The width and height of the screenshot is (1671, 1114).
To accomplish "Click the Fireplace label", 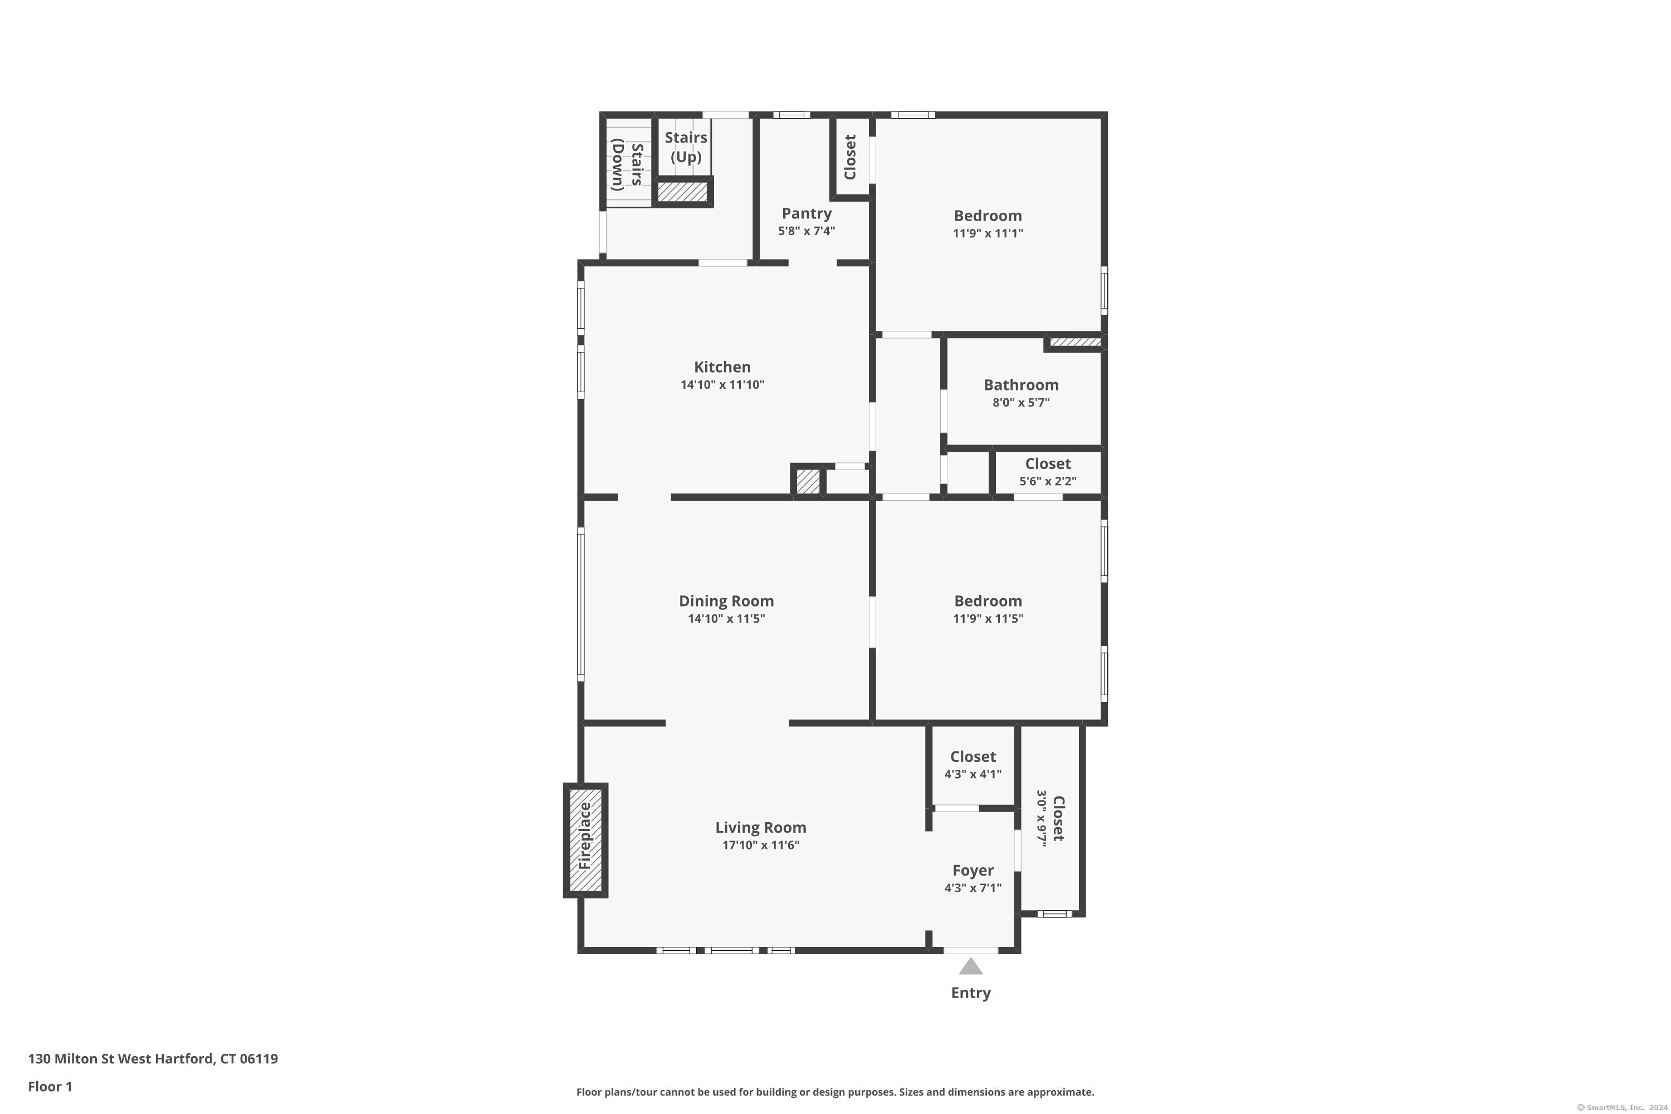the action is coord(585,836).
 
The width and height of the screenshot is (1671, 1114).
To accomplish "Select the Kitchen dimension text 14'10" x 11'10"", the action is coord(722,384).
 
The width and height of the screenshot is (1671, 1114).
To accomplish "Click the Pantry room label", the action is coord(807,213).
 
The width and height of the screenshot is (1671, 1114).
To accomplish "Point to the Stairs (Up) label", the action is coord(686,147).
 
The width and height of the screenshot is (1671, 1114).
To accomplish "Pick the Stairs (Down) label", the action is coord(627,165).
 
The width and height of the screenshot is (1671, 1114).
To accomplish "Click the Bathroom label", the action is coord(1021,384).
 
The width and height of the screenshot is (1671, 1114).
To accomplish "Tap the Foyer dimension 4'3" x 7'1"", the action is coord(973,887).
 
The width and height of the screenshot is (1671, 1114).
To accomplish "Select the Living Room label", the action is coord(760,827).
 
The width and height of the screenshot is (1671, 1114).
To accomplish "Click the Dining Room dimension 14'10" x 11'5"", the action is coord(726,618).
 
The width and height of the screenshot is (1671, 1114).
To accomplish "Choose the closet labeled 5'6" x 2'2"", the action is coord(1047,472).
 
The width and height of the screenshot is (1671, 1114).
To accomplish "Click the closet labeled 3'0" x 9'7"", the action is coord(1050,818).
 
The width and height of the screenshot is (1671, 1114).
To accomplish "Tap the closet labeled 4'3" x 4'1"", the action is coord(973,764).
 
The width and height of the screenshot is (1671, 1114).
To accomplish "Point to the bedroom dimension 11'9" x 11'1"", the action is coord(988,233).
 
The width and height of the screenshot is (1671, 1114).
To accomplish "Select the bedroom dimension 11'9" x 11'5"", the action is coord(988,618).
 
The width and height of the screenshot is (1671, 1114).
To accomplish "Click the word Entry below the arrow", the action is coord(970,993).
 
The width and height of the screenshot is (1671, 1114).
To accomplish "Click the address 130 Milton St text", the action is coord(71,1059).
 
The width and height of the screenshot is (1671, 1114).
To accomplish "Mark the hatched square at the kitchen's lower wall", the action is coord(808,481).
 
